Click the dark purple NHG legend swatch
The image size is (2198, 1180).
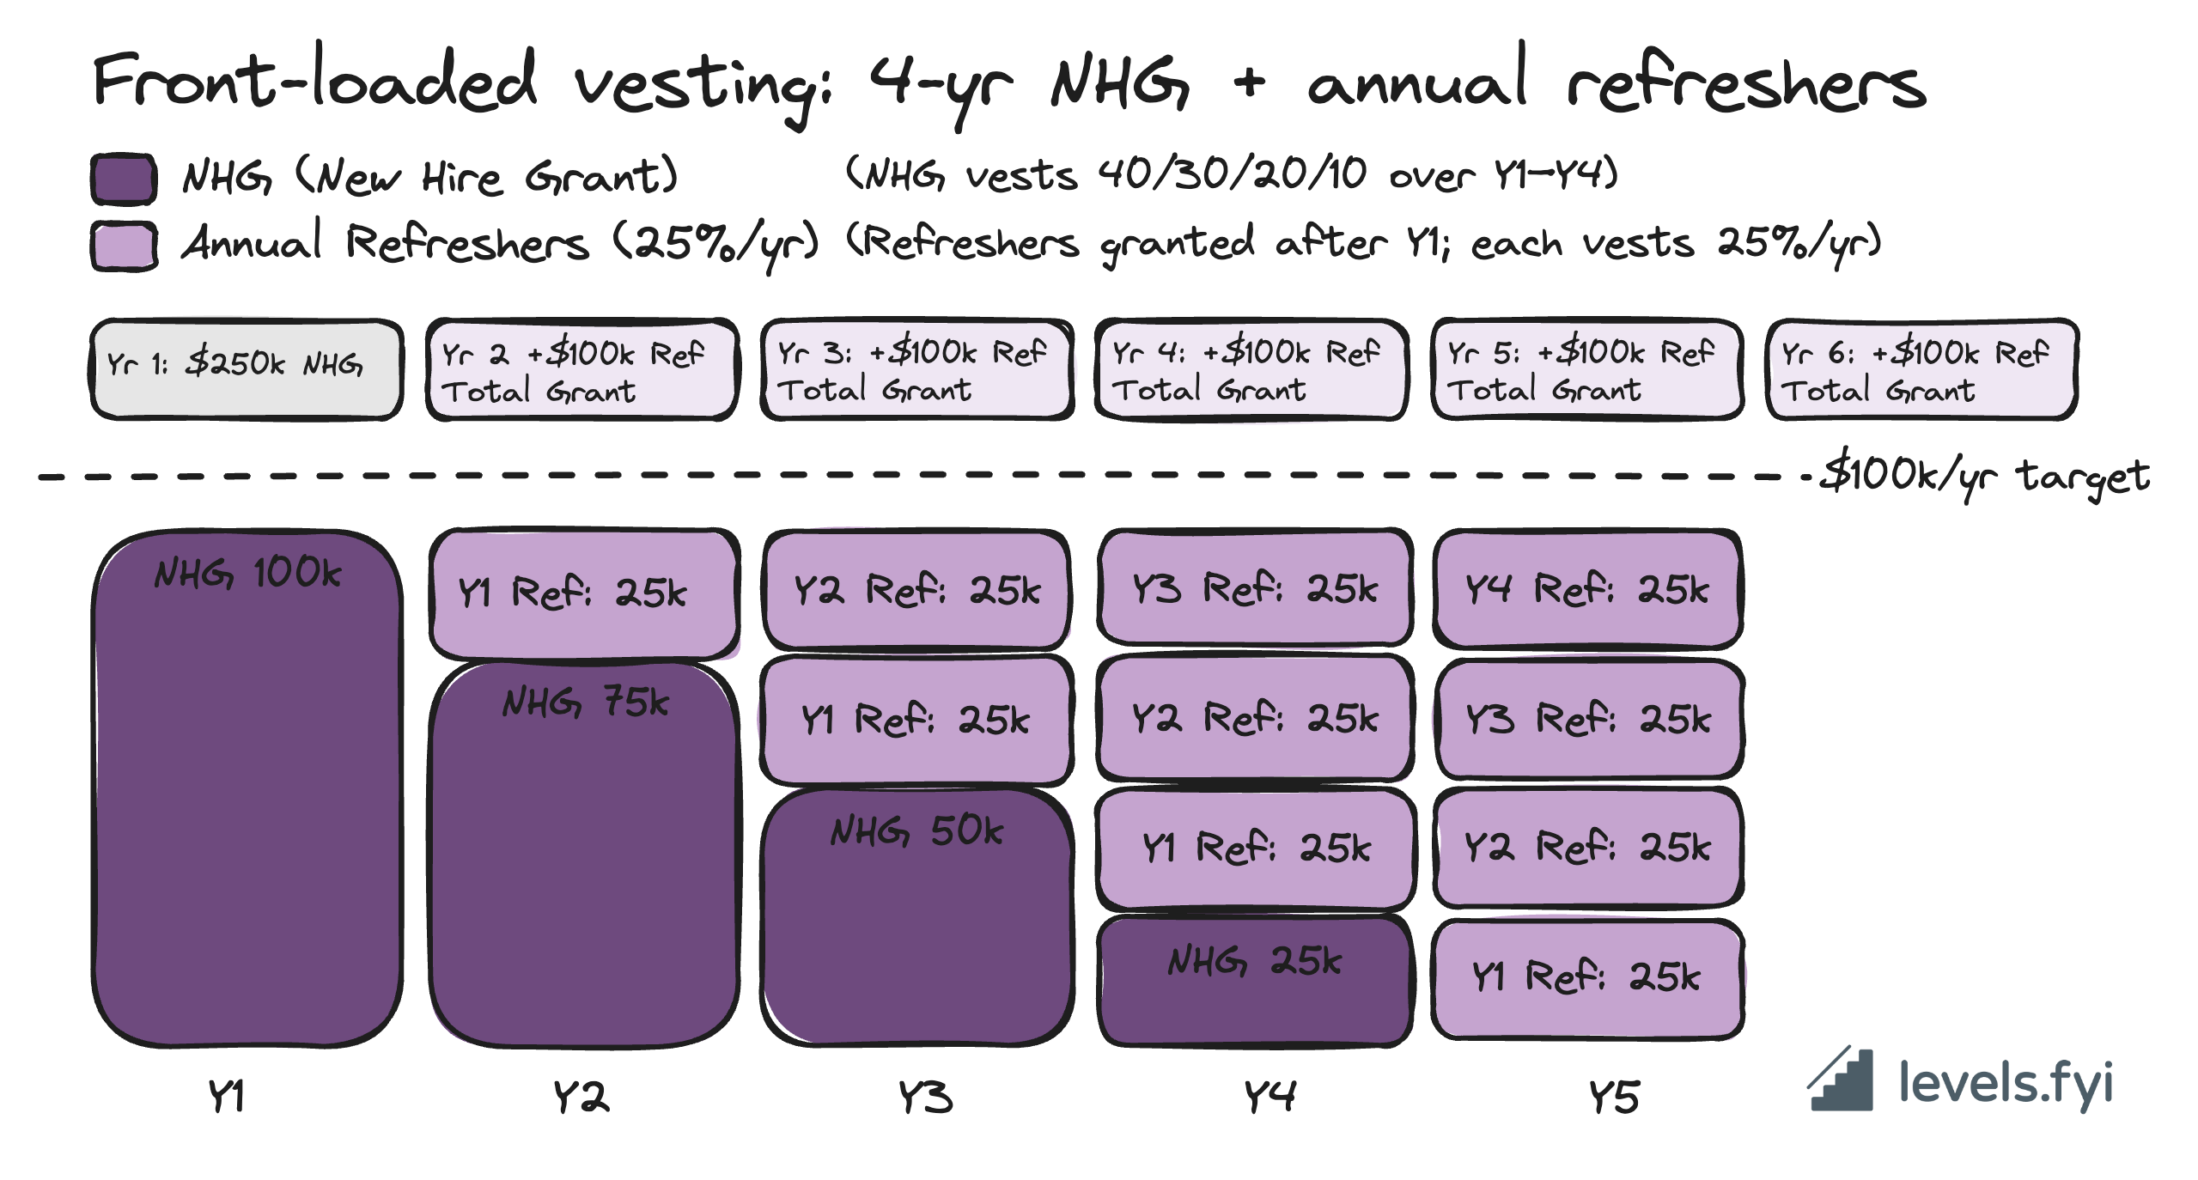[124, 179]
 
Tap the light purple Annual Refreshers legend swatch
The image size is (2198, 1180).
[124, 246]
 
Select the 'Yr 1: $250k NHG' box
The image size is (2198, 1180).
[247, 368]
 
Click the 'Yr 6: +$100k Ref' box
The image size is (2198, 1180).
[1921, 368]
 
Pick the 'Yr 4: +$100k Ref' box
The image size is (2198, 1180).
[1251, 368]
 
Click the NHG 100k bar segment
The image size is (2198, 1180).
[247, 788]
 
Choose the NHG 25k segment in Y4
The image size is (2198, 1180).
[1254, 979]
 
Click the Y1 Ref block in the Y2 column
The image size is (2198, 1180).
[584, 593]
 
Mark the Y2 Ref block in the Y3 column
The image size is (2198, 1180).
[916, 590]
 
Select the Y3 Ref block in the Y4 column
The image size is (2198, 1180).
[1254, 588]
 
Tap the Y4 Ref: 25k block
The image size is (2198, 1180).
[1587, 589]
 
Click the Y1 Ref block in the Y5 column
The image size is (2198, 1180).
[1587, 977]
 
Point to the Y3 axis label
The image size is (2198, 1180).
[925, 1098]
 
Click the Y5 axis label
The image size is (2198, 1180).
[1613, 1098]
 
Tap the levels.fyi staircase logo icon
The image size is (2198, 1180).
[1841, 1080]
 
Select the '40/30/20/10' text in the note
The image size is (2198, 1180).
[1232, 174]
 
